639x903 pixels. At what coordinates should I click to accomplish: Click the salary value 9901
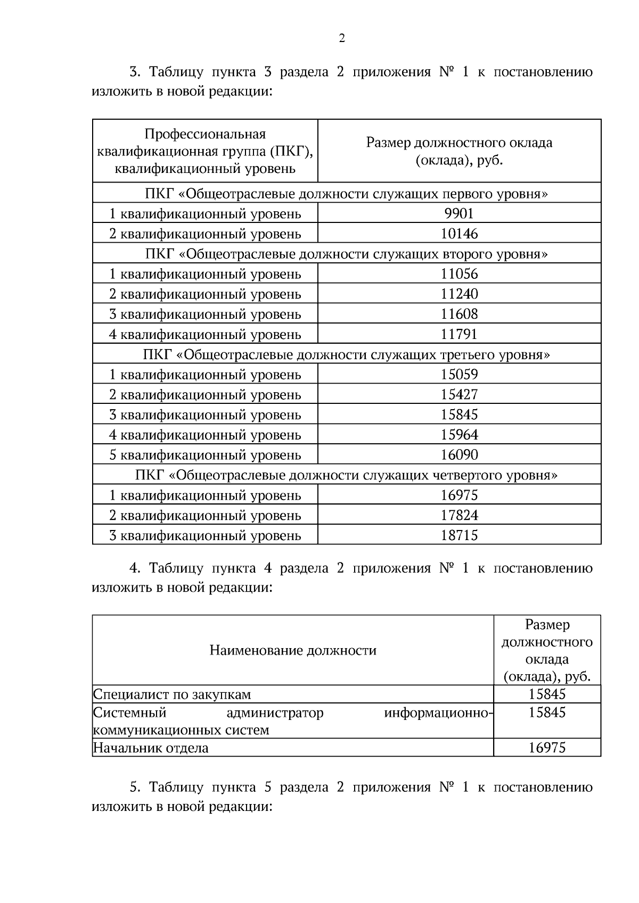pos(459,213)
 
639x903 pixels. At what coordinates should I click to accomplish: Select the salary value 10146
pos(459,234)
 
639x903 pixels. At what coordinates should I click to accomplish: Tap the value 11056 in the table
pos(459,274)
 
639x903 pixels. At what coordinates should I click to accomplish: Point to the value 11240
pos(459,294)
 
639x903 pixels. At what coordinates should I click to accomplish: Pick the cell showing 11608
pos(459,314)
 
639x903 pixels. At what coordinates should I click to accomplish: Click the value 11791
pos(459,334)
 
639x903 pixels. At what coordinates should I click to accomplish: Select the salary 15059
pos(459,375)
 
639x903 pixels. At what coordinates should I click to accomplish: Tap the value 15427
pos(459,395)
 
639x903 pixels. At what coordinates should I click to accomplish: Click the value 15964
pos(459,435)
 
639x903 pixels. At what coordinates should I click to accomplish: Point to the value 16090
pos(459,455)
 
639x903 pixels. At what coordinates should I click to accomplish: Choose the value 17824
pos(459,515)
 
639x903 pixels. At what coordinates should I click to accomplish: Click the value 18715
pos(459,535)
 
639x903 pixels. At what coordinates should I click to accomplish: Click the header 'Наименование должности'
pos(293,650)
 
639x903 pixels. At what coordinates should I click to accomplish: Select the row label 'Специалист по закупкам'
pos(172,694)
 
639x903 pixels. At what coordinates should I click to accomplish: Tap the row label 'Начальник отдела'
pos(151,748)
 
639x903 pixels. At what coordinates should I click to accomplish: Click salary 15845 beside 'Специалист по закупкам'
pos(547,694)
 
